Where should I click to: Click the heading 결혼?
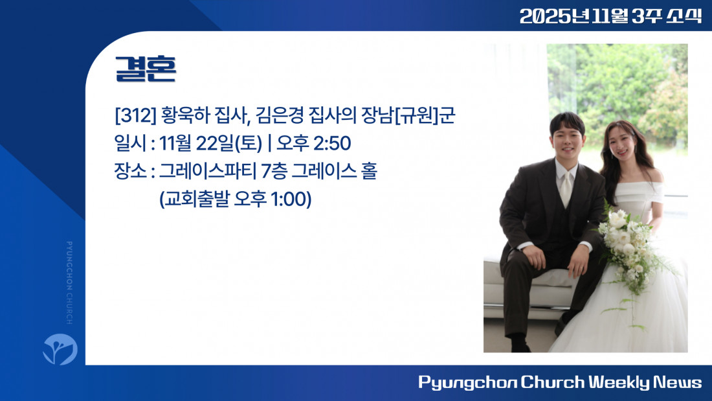[145, 69]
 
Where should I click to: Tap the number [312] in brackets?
[135, 115]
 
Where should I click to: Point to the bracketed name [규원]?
[417, 115]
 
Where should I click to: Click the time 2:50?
[332, 143]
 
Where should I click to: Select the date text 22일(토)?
[229, 143]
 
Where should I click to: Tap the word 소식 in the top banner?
[684, 16]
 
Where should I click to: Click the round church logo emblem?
[60, 349]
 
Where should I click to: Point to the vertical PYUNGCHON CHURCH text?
[69, 283]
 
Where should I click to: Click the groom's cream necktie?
[566, 189]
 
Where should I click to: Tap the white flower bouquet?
[629, 247]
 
